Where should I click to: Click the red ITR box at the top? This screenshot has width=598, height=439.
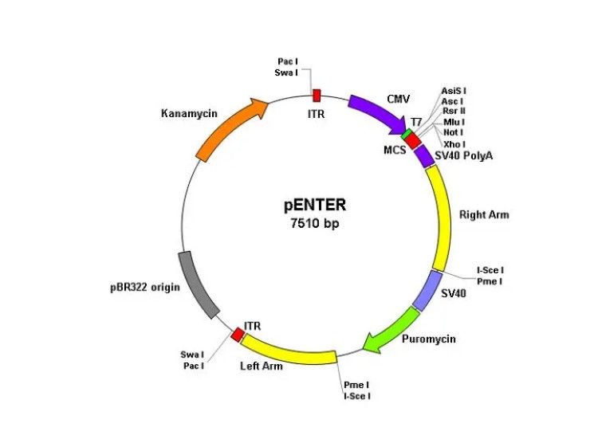317,96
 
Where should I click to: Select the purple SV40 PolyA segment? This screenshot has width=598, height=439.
426,155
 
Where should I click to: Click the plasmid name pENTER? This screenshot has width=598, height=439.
315,205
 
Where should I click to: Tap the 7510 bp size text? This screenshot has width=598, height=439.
315,224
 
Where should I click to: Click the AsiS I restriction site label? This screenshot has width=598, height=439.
454,91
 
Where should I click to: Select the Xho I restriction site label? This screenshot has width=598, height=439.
454,143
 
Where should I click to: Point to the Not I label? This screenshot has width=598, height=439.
454,132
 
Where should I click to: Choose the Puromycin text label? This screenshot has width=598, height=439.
429,339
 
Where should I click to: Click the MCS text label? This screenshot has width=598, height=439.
394,149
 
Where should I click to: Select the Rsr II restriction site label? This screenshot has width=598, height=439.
454,112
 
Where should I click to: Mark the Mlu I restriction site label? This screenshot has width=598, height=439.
454,122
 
